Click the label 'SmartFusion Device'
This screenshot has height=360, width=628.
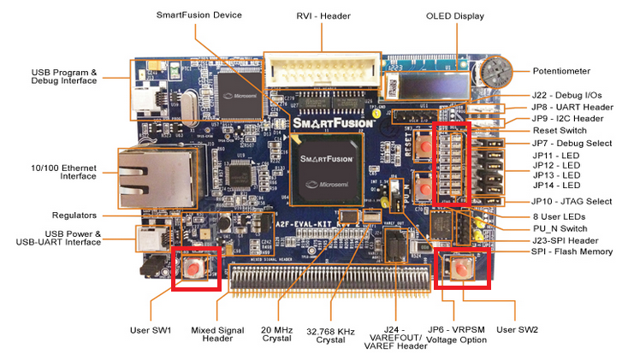coord(198,15)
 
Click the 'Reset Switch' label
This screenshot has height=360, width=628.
coord(565,130)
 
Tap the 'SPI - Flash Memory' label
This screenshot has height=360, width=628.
coord(572,253)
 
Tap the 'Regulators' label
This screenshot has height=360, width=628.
coord(97,215)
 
